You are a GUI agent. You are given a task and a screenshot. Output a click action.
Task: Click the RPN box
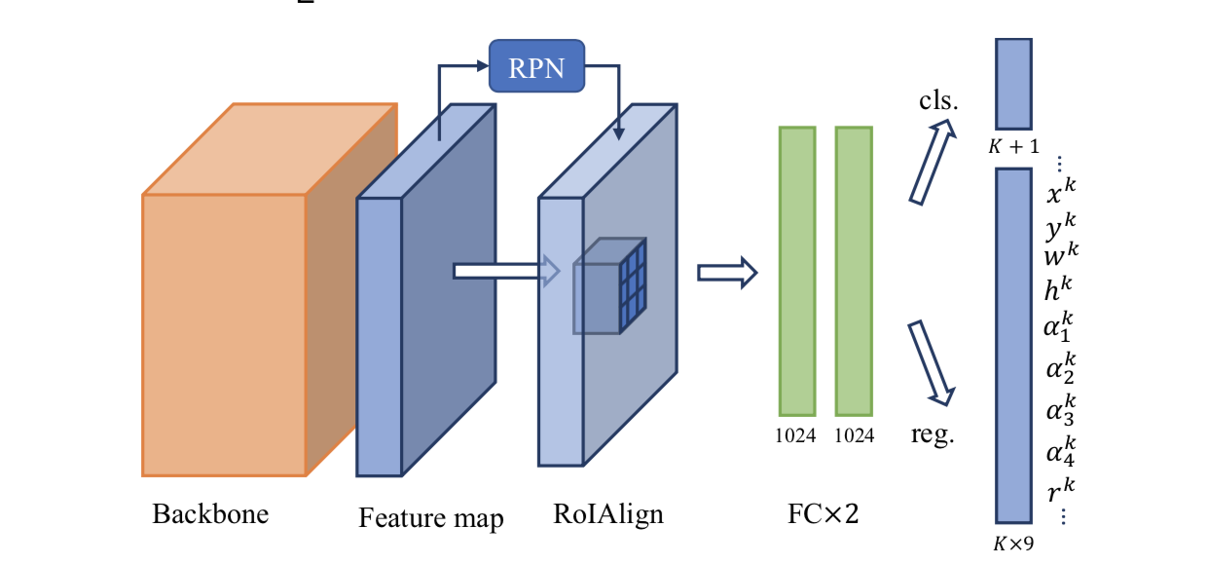click(x=536, y=67)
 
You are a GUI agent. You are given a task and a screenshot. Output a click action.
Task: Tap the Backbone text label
click(x=210, y=513)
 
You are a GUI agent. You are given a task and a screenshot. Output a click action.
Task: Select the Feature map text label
click(x=430, y=517)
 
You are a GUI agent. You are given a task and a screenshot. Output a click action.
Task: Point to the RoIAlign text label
click(x=607, y=513)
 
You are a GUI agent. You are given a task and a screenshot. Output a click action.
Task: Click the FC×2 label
click(x=823, y=513)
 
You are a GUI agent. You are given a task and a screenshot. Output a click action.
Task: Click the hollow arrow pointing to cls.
click(x=931, y=163)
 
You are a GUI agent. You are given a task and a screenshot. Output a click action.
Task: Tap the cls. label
click(x=938, y=101)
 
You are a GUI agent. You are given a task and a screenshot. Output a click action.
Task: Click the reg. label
click(x=933, y=434)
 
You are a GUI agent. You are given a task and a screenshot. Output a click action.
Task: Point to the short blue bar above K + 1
click(x=1013, y=84)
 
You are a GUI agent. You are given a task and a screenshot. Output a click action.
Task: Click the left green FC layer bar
click(x=796, y=271)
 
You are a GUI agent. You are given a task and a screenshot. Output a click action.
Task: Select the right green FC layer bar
click(x=854, y=271)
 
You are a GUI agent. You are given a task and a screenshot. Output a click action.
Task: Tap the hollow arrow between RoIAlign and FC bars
click(x=726, y=272)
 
